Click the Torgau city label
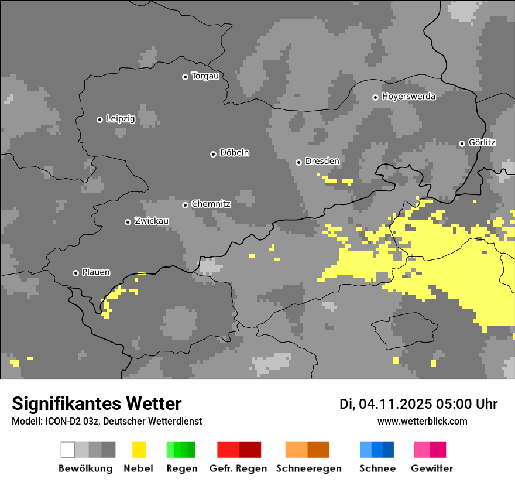tap(205, 76)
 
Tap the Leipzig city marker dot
tap(99, 119)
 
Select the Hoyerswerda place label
tap(408, 97)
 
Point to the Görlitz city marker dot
tap(462, 143)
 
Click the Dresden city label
tap(322, 161)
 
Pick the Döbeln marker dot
tap(213, 154)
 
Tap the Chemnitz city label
tap(211, 204)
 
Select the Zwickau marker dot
tap(128, 222)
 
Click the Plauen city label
tap(95, 272)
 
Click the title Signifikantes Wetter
tap(97, 403)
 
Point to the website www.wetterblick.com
tap(422, 421)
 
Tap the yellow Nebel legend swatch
tap(139, 450)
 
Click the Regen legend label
tap(181, 468)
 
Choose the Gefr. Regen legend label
tap(238, 468)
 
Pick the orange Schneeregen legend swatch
tap(307, 450)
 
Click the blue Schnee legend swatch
tap(377, 450)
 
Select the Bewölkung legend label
tap(85, 468)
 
